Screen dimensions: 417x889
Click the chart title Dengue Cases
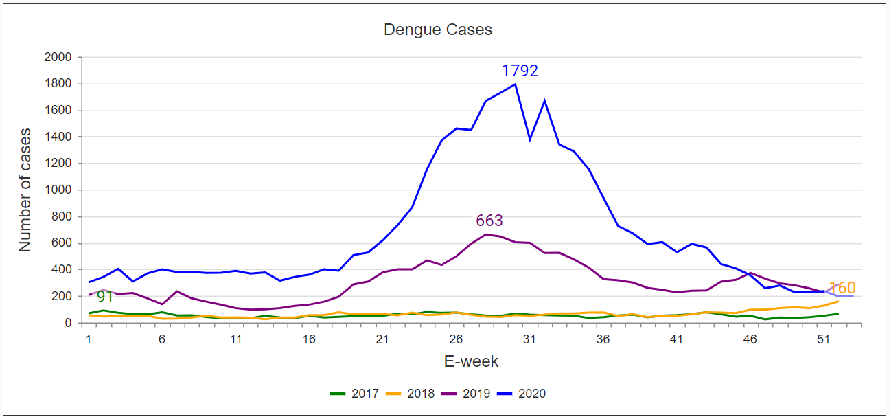point(438,30)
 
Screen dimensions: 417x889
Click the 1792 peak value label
point(520,71)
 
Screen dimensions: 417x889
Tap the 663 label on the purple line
point(489,221)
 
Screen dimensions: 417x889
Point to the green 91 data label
point(105,297)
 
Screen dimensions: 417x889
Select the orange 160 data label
point(842,288)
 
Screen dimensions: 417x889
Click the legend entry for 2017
point(354,394)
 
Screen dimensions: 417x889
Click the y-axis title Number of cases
point(25,190)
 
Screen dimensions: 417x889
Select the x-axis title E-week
point(470,361)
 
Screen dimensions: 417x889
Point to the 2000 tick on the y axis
point(58,58)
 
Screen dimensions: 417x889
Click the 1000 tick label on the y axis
point(58,190)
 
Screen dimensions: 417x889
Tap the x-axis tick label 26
point(456,339)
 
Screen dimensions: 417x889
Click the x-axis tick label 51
point(824,339)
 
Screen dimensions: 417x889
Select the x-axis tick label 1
point(89,339)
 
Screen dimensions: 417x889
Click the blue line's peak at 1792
point(515,84)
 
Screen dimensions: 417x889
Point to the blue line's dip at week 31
point(529,139)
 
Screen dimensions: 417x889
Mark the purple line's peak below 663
point(485,235)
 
